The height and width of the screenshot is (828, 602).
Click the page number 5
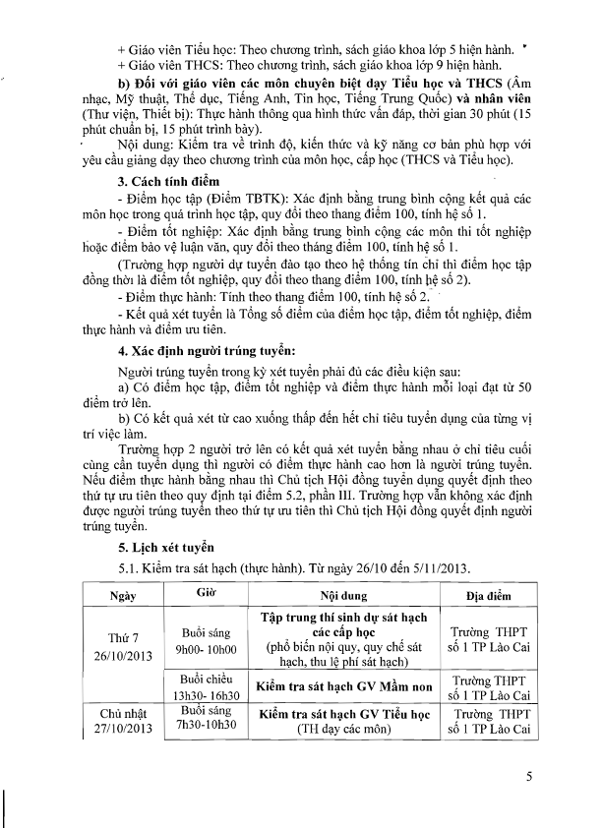point(529,778)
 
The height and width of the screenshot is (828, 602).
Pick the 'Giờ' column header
point(207,593)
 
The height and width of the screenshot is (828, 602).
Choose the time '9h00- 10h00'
point(207,650)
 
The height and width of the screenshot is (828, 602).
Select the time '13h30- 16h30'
point(207,694)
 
